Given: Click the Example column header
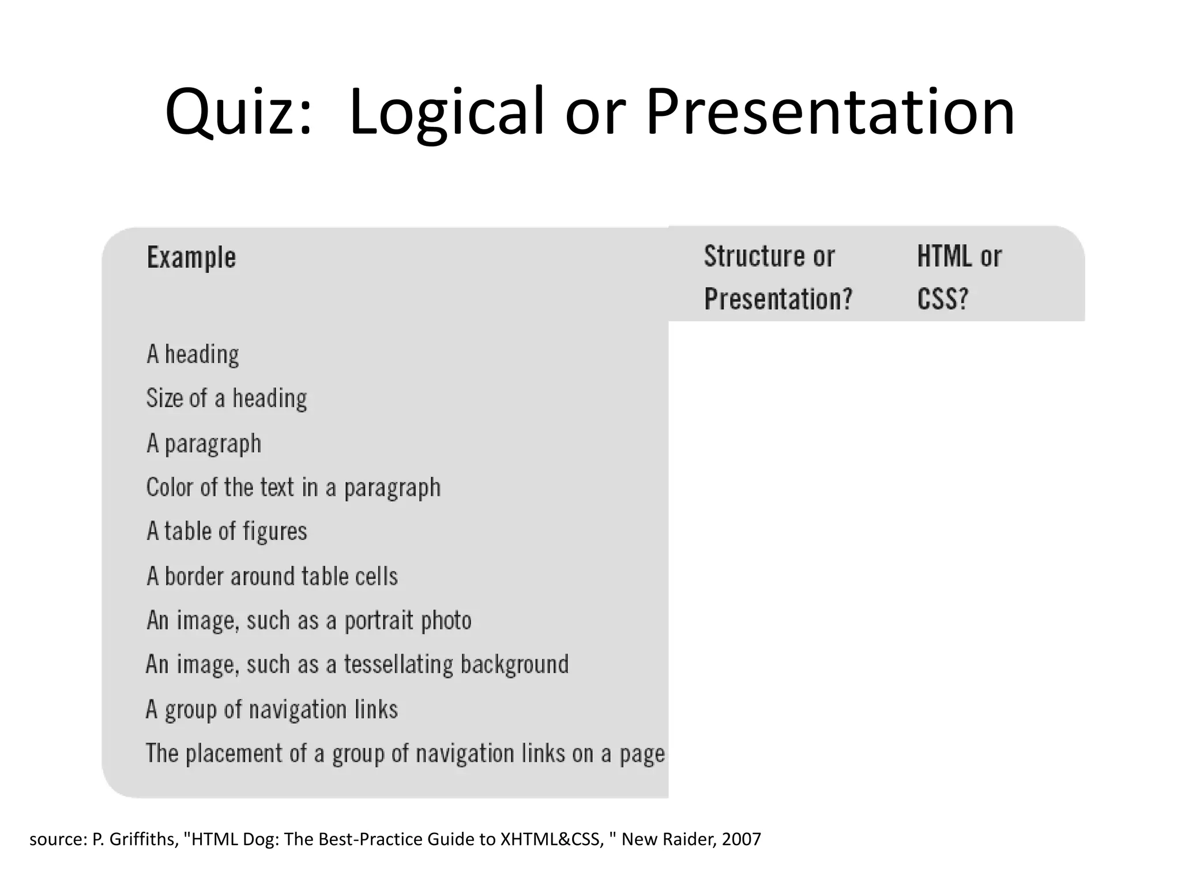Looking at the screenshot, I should click(191, 257).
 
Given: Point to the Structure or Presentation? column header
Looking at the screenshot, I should click(777, 277).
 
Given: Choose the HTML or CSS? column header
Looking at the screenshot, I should click(959, 277).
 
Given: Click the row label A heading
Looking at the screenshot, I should click(193, 354).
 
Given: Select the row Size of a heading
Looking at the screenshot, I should click(227, 399).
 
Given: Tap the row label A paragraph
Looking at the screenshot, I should click(204, 444).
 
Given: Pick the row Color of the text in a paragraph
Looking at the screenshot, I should click(294, 488).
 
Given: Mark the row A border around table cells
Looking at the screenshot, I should click(272, 576).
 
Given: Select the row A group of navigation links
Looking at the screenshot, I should click(272, 709).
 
